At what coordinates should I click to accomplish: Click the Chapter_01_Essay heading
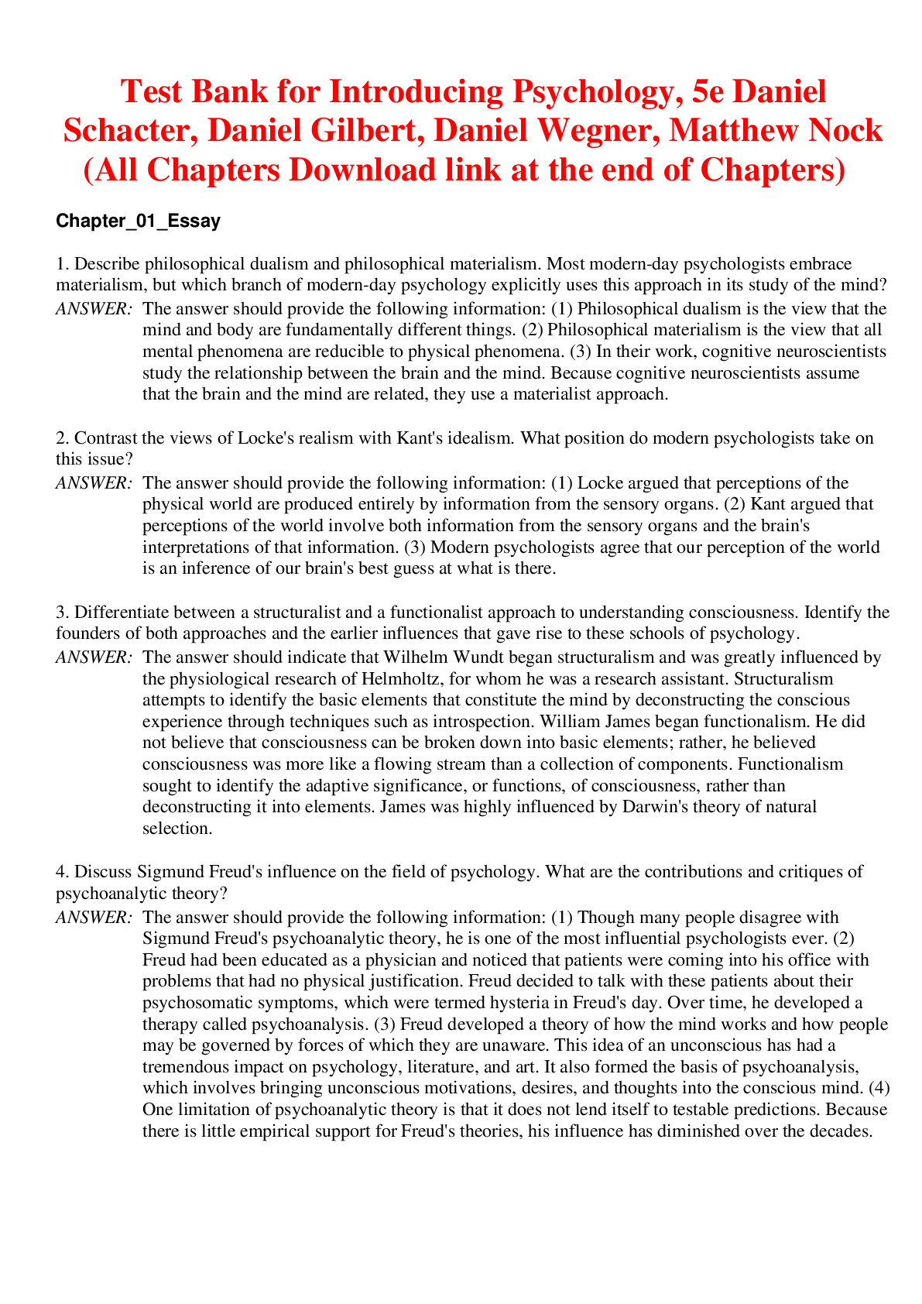(x=138, y=221)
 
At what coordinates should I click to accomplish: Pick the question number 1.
(x=60, y=264)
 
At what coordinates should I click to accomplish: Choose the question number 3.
(x=60, y=613)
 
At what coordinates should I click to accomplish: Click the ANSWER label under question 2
(x=94, y=483)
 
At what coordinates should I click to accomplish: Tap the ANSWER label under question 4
(x=94, y=918)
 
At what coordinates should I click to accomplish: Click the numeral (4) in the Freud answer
(x=879, y=1088)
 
